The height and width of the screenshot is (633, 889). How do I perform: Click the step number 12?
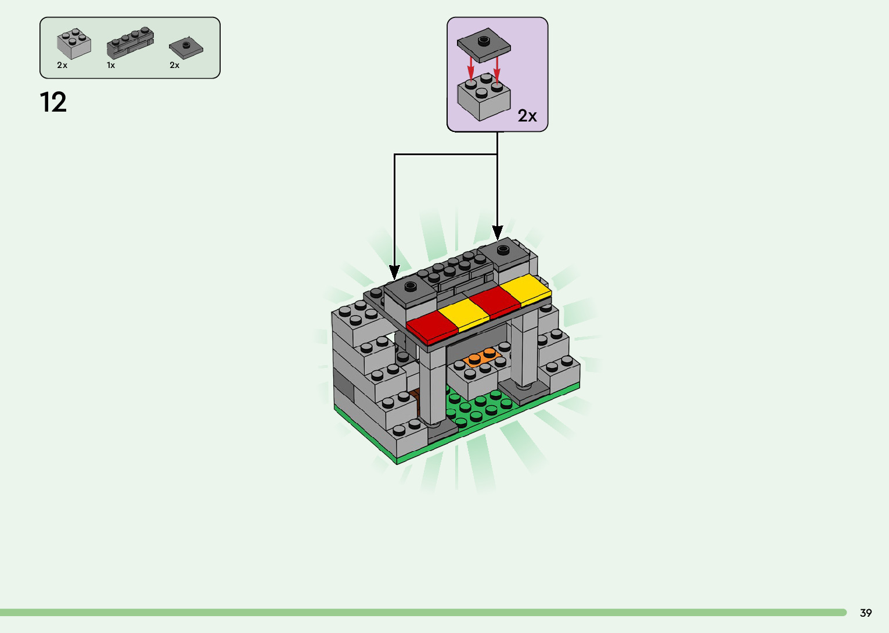(x=53, y=102)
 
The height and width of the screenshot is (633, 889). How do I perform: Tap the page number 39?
(x=866, y=613)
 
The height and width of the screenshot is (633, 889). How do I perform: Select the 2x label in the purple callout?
(x=527, y=116)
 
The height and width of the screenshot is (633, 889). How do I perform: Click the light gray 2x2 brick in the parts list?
(x=74, y=44)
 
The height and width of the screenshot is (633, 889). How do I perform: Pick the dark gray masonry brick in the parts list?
(x=131, y=43)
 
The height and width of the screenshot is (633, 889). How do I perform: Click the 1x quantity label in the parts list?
(x=111, y=65)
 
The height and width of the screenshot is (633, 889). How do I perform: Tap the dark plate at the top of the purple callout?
(x=483, y=45)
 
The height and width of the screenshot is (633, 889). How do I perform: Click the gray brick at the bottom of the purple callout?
(x=484, y=99)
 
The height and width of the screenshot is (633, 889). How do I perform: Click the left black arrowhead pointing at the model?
(x=394, y=271)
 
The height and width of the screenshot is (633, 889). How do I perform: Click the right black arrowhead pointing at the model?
(x=497, y=233)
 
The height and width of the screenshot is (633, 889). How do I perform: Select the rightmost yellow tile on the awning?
(x=524, y=290)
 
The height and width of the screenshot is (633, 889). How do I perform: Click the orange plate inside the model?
(x=481, y=357)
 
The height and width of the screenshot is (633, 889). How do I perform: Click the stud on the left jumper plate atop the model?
(x=411, y=286)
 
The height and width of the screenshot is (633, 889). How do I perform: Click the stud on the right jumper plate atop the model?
(x=503, y=249)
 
